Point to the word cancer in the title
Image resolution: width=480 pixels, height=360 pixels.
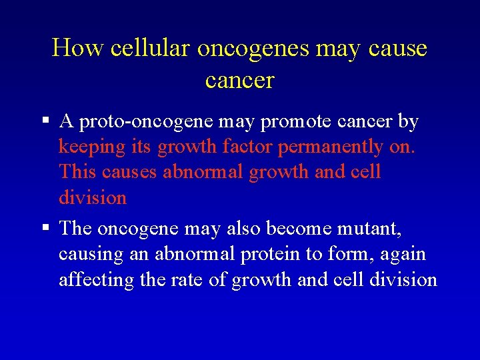[240, 80]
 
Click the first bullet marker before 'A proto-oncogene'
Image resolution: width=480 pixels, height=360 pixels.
[46, 121]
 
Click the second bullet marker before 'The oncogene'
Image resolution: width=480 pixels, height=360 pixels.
[46, 228]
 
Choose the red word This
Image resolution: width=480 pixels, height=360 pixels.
[78, 172]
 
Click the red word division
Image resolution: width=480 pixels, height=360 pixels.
[93, 197]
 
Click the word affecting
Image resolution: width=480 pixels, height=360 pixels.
[96, 279]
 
